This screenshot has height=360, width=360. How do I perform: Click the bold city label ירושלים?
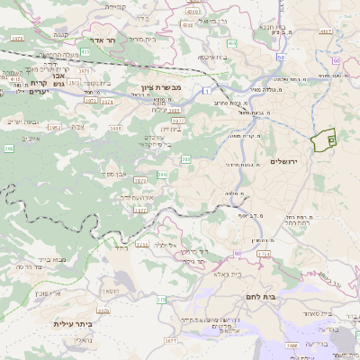tap(289, 160)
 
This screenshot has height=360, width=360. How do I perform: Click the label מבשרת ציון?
tap(163, 88)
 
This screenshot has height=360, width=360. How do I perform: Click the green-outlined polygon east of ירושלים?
tap(322, 139)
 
